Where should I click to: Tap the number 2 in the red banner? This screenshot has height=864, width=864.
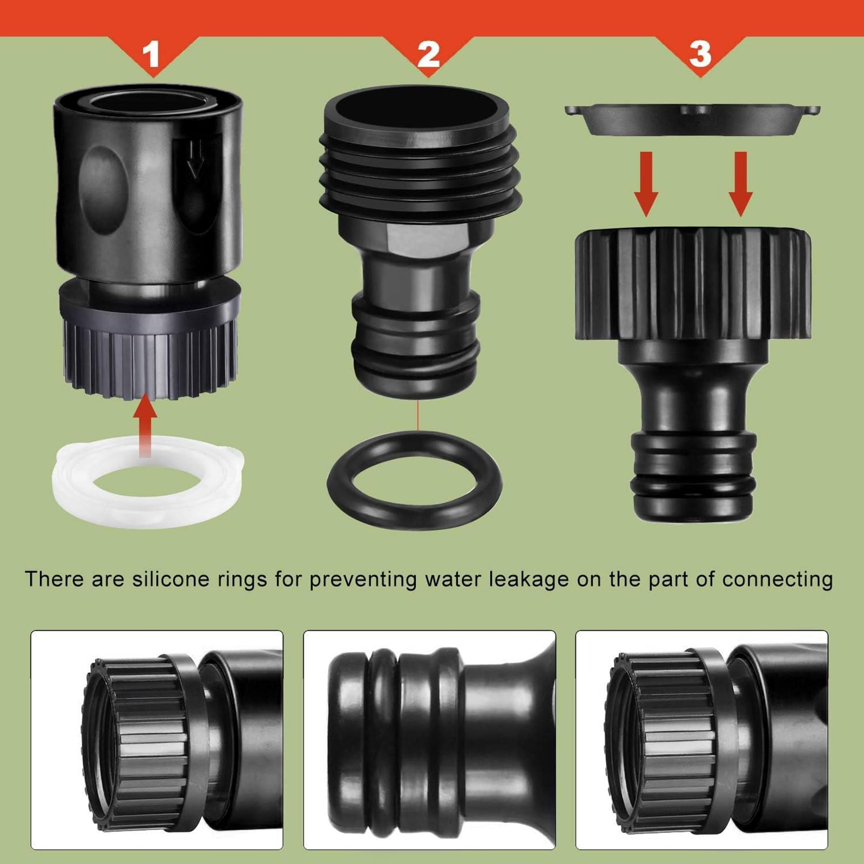(x=428, y=54)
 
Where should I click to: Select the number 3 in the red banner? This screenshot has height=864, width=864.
(x=700, y=54)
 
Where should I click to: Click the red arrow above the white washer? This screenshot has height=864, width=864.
(x=145, y=427)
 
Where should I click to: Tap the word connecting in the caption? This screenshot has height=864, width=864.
(x=777, y=579)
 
